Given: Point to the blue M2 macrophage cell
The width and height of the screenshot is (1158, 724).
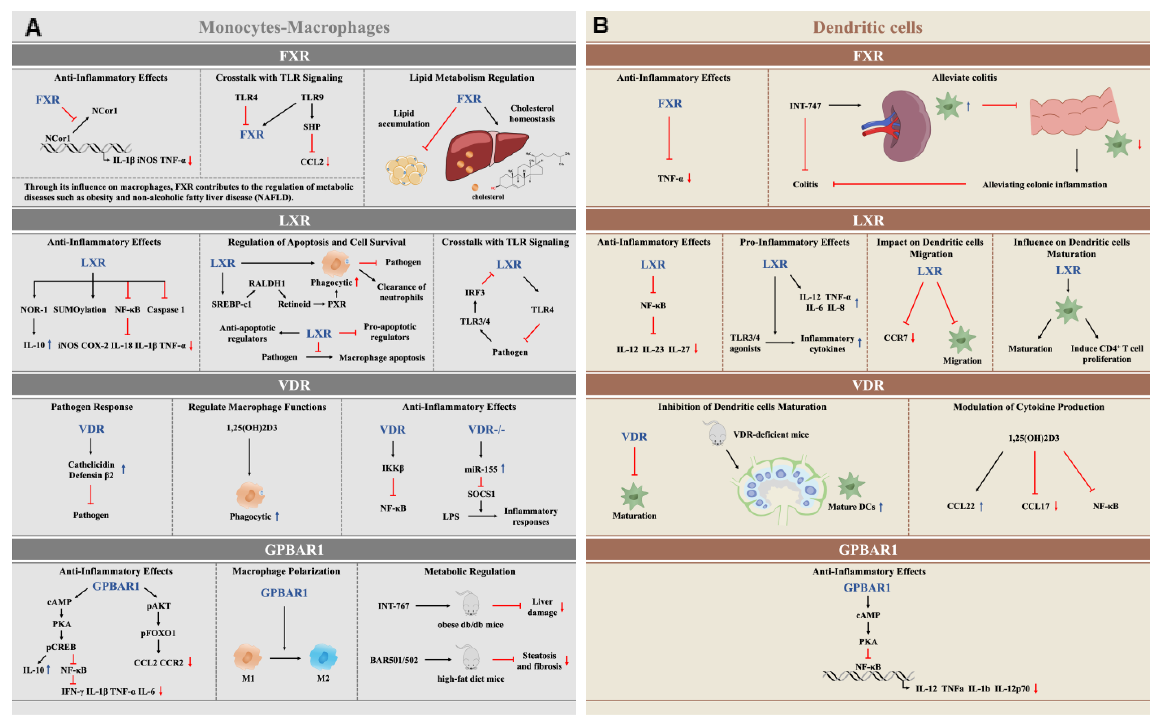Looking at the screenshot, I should tap(323, 657).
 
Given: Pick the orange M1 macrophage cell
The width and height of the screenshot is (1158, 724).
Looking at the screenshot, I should tap(247, 657).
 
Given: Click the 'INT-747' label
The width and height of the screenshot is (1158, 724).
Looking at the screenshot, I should tap(805, 106).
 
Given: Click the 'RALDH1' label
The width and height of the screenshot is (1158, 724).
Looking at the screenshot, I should tap(267, 283).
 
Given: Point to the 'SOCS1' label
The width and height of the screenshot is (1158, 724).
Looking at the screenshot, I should tap(481, 494).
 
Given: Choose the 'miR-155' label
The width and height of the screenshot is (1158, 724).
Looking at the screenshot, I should tap(481, 469).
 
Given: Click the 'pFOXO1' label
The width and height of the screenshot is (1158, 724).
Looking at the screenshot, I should tap(158, 633).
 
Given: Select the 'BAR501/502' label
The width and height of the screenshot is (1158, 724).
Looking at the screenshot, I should tap(394, 660).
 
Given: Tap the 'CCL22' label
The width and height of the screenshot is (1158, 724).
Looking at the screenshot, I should tap(961, 506).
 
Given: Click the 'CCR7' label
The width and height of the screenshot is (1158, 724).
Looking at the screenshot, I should tap(895, 338).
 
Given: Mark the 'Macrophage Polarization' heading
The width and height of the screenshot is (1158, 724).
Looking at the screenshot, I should tap(286, 571).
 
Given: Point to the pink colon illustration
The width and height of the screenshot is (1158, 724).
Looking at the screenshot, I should tap(1074, 115).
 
